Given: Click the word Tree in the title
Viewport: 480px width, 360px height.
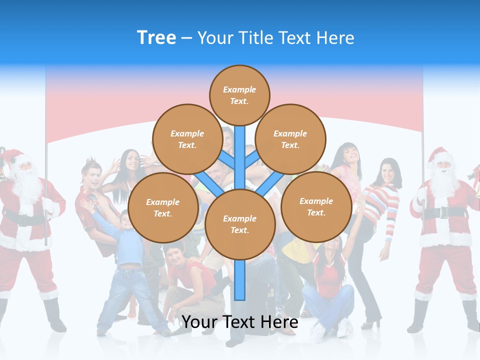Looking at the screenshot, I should pyautogui.click(x=156, y=37).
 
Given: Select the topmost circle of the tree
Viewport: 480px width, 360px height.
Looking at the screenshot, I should pyautogui.click(x=239, y=95).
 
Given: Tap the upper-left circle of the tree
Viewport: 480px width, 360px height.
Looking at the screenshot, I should pyautogui.click(x=187, y=139).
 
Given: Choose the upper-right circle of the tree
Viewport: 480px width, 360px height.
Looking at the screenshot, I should pyautogui.click(x=290, y=139).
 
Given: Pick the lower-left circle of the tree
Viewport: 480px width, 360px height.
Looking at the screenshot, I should pyautogui.click(x=163, y=208).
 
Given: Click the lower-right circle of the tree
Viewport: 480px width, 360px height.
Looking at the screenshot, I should pyautogui.click(x=316, y=207).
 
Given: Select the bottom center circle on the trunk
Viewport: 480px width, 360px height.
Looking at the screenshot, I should pyautogui.click(x=240, y=224).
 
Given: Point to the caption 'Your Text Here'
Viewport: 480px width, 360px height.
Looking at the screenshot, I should pyautogui.click(x=240, y=322).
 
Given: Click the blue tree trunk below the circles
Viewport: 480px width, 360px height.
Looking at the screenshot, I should pyautogui.click(x=240, y=280).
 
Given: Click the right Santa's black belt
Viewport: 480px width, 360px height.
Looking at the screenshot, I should pyautogui.click(x=442, y=212).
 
